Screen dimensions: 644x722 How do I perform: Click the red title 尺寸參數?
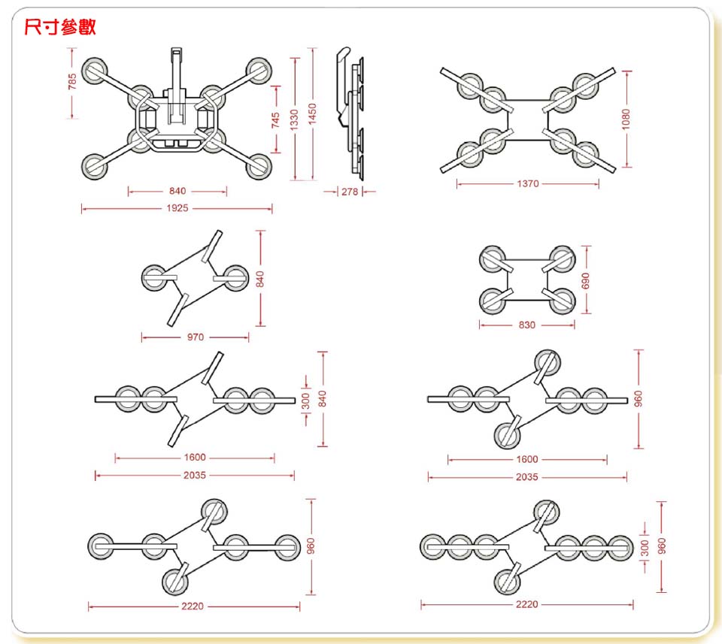[60, 29]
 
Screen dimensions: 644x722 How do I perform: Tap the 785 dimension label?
[72, 82]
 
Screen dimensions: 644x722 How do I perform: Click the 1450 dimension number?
[312, 114]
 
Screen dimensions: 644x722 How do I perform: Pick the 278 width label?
[349, 192]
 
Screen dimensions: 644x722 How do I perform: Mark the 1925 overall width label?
[177, 208]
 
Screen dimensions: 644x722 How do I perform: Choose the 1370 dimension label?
[527, 183]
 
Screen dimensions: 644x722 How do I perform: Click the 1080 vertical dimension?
[626, 118]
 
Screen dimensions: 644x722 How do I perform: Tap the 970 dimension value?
[196, 337]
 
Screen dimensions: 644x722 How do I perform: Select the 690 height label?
[586, 280]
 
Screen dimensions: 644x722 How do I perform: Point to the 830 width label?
[527, 325]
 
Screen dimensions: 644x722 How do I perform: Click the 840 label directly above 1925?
[177, 192]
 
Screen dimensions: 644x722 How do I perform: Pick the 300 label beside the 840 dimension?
[306, 401]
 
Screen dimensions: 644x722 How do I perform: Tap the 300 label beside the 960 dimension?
[645, 549]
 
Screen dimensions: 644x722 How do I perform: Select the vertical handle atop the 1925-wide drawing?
[177, 83]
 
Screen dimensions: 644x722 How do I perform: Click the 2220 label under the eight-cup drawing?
[527, 604]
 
